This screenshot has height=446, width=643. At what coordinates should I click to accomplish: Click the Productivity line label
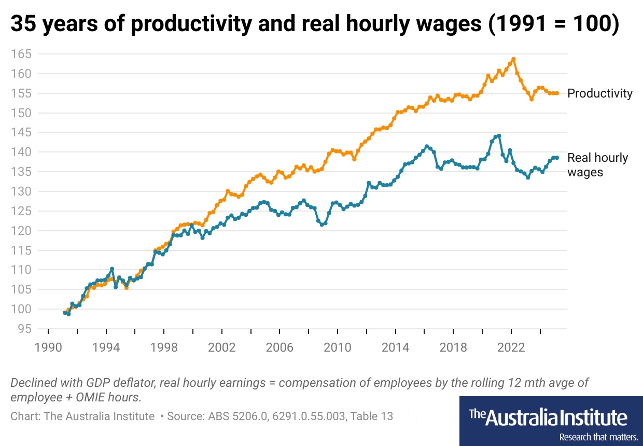(x=600, y=93)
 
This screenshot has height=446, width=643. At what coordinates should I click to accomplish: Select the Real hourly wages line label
(x=597, y=165)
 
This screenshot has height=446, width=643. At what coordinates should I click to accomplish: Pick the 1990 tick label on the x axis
(x=48, y=346)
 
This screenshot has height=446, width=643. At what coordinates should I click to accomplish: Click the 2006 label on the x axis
(x=279, y=346)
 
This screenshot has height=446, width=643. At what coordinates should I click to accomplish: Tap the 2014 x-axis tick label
(x=395, y=346)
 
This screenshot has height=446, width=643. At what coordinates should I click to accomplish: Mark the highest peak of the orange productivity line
(x=513, y=59)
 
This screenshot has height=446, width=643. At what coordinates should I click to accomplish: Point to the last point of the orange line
(x=557, y=93)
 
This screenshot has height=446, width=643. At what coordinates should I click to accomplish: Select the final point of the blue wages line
(x=557, y=158)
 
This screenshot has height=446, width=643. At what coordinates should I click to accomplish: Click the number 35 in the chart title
(x=23, y=25)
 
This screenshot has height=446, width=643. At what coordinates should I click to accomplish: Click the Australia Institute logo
(x=548, y=417)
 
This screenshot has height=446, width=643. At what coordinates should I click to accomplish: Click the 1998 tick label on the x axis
(x=164, y=346)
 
